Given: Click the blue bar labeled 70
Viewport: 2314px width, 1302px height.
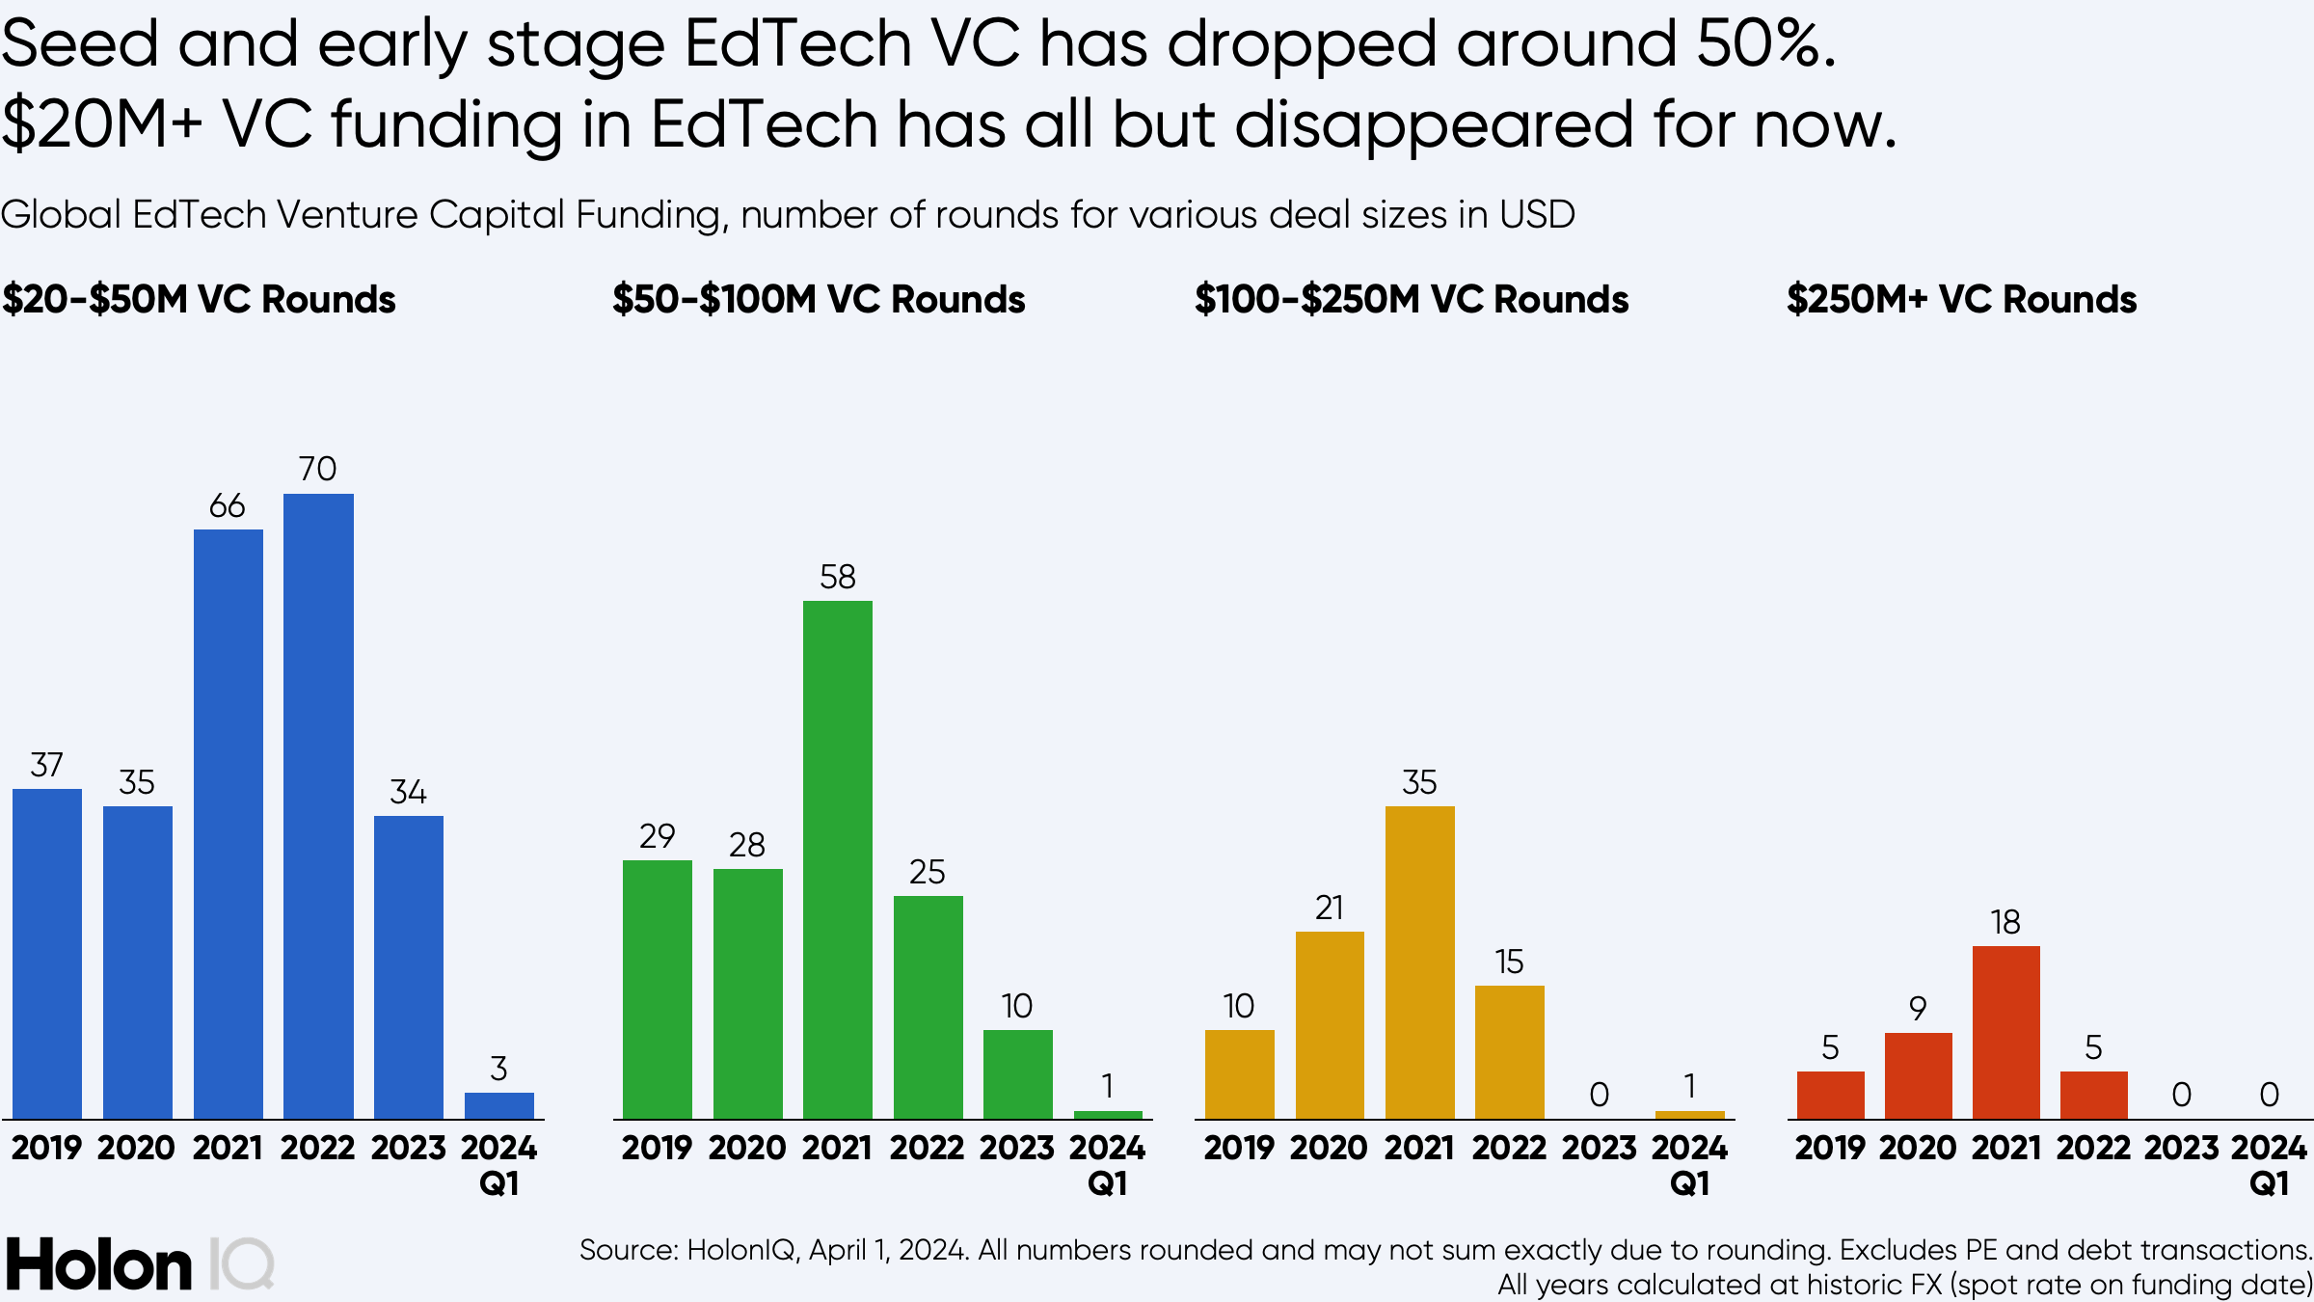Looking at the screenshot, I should [318, 805].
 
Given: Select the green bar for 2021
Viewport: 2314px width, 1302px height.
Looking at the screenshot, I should [838, 858].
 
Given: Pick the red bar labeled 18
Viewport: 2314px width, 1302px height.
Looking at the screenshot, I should [2005, 1032].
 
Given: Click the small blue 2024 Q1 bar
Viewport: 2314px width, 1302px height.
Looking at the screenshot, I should [498, 1105].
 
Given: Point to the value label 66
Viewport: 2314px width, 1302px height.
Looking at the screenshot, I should [228, 505].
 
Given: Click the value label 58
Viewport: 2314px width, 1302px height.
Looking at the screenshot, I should [838, 577].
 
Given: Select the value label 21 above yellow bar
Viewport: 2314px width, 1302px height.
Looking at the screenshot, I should [1330, 908].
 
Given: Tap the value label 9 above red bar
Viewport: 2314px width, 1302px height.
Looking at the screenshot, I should [1918, 1009].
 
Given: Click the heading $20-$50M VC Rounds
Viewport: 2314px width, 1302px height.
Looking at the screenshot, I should [199, 299].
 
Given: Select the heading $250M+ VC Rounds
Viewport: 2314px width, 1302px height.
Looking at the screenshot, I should [1961, 299].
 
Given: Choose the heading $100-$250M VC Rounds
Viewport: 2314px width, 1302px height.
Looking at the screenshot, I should [1412, 299].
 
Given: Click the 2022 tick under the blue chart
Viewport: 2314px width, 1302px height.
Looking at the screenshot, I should [318, 1148].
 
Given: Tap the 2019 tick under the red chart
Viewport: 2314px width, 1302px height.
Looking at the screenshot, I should [1830, 1148].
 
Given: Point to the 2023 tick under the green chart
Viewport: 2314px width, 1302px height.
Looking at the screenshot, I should [1017, 1148].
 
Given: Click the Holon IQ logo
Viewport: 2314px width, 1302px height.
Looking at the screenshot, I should [140, 1263].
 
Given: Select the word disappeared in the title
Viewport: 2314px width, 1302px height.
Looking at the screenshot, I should [1433, 125].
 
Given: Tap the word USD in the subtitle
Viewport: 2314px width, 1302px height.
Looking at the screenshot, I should [1537, 214].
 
